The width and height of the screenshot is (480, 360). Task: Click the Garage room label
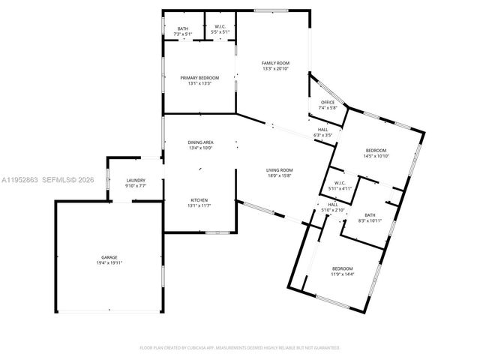109,257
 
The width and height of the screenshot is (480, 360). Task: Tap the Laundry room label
136,180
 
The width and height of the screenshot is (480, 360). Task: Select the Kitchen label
199,199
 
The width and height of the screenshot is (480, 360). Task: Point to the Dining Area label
200,142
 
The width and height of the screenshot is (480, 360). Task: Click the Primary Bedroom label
199,78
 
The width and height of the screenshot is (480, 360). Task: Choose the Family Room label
275,63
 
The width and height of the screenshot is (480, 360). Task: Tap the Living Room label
279,170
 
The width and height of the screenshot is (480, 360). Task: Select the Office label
328,103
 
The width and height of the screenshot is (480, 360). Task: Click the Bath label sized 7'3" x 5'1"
183,28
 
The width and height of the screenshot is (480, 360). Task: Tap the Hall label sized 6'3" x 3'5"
322,130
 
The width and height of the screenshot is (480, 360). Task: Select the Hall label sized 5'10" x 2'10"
333,205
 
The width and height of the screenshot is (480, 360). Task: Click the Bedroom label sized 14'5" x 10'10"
376,150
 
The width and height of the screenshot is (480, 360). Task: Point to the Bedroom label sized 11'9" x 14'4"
343,268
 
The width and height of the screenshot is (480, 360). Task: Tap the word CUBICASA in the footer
214,348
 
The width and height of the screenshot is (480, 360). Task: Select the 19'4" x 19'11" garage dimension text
109,263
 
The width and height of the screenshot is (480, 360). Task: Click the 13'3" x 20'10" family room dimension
275,69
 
